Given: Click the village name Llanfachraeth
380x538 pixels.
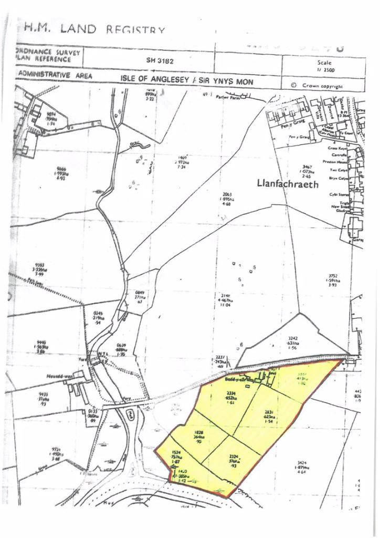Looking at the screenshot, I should tap(288, 184).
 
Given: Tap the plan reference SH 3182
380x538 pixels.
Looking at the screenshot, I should tap(160, 60).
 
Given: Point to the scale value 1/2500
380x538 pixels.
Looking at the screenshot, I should tap(325, 70).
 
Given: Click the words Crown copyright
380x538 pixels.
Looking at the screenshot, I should tap(322, 86).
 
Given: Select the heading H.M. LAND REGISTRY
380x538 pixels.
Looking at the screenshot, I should tap(94, 28).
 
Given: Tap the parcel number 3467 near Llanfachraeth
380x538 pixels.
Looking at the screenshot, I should tap(307, 166).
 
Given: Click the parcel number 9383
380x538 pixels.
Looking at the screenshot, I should tap(39, 265).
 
